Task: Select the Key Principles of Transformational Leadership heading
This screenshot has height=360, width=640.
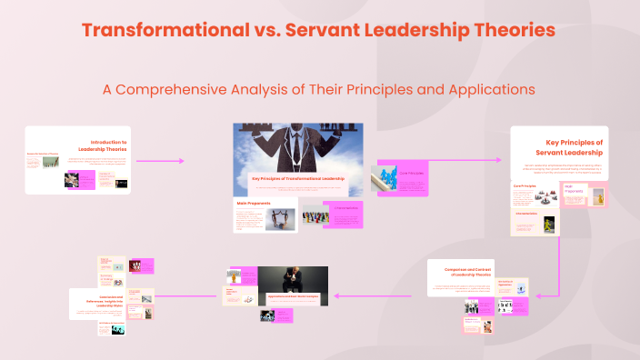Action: (x=298, y=178)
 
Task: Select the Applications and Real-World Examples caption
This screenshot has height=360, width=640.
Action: (x=295, y=298)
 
